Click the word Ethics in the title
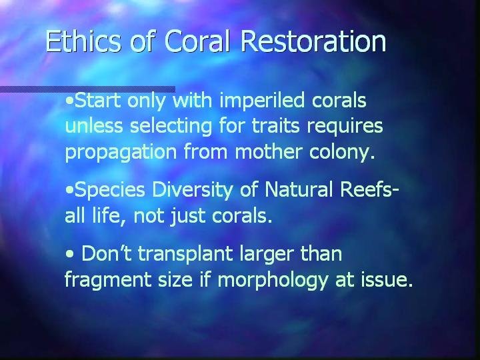(x=83, y=41)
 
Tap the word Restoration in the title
(x=313, y=41)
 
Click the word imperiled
(x=263, y=101)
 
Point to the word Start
(x=97, y=101)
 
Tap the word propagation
(x=121, y=153)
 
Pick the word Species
(x=109, y=191)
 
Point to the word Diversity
(x=192, y=191)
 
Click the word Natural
(x=299, y=189)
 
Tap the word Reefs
(x=367, y=189)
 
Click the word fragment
(x=108, y=280)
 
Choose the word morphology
(x=273, y=280)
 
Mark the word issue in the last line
(x=387, y=279)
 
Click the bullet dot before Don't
(x=70, y=254)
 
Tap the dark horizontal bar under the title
(x=87, y=89)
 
